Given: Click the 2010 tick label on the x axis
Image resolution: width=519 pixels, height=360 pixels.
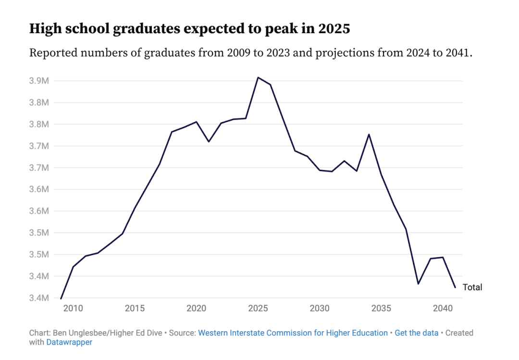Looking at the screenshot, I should point(73,308).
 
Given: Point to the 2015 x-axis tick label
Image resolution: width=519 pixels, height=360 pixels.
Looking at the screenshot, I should point(135,308).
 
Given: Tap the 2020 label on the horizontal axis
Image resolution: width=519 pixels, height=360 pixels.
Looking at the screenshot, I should point(197,308).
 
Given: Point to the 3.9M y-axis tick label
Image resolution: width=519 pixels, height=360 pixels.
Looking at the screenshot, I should point(39,81).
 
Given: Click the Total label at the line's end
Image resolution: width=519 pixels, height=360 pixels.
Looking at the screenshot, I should point(472,287).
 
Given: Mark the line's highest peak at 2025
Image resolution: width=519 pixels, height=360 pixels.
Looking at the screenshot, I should point(258,77).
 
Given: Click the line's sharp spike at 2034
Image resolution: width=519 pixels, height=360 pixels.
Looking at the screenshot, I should point(369,135).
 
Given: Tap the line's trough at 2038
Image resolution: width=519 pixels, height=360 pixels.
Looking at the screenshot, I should point(418,284).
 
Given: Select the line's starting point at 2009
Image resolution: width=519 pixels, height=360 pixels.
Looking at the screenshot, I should point(61,298).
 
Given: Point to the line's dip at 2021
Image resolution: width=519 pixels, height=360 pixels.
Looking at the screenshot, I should point(209,141).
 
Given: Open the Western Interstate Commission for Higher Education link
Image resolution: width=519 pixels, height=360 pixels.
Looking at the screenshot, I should point(293,333).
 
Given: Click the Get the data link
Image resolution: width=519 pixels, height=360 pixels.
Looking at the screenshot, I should point(416,333).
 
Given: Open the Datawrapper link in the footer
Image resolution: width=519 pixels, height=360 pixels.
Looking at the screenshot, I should point(69,342).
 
